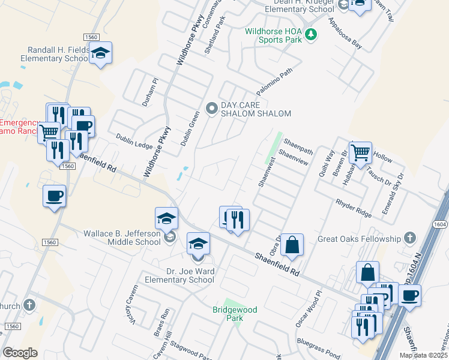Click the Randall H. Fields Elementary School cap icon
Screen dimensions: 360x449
101,53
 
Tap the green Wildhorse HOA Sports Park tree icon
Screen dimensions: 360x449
310,35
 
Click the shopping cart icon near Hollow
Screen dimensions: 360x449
360,152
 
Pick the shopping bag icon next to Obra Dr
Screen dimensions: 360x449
292,244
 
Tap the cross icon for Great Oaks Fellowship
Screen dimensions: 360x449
410,239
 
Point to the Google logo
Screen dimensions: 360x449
20,353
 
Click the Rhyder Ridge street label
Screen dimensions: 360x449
355,207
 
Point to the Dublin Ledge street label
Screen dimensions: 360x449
134,141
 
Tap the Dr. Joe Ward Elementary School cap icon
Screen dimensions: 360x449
198,244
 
